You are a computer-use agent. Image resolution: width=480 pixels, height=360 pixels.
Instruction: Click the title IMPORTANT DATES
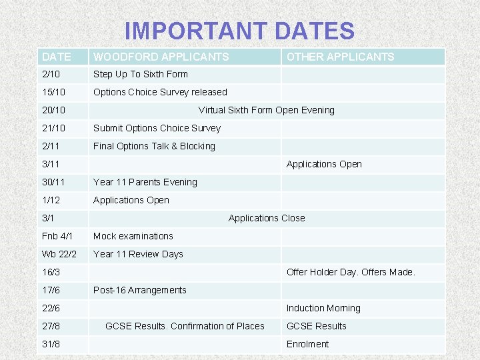click(x=239, y=31)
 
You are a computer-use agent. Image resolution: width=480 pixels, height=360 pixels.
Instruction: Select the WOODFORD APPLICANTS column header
click(x=161, y=57)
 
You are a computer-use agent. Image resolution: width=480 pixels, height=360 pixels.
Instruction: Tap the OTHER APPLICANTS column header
click(x=340, y=57)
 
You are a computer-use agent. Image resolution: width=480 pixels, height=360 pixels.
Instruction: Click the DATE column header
click(x=55, y=57)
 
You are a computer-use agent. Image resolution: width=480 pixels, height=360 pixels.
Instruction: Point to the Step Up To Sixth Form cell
click(x=141, y=74)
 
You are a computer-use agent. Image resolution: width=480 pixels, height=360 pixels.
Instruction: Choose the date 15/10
click(x=53, y=92)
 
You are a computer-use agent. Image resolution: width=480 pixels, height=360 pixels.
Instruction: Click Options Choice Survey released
click(x=160, y=92)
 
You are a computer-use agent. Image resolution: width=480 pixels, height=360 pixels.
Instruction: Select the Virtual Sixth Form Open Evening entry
click(x=267, y=110)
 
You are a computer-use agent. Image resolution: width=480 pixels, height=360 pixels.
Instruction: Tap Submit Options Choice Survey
click(x=157, y=128)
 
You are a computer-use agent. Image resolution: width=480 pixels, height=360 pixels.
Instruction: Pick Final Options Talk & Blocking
click(x=154, y=146)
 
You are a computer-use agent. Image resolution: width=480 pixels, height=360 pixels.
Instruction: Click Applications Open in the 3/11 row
click(x=324, y=164)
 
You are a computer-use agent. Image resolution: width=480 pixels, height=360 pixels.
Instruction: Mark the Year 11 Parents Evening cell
click(x=145, y=182)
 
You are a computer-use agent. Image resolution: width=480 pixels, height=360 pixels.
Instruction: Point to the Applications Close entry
click(x=267, y=218)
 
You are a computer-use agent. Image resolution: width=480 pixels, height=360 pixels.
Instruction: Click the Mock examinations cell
click(x=133, y=236)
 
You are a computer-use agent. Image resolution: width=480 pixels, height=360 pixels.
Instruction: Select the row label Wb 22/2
click(x=59, y=254)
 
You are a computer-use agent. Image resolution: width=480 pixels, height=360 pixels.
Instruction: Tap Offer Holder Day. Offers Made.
click(x=351, y=272)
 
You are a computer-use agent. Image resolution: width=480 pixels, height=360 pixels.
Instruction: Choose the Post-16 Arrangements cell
click(x=140, y=290)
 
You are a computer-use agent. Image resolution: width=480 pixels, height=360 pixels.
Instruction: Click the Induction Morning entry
click(x=323, y=308)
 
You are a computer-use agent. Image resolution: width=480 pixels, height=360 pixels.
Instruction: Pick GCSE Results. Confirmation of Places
click(x=185, y=326)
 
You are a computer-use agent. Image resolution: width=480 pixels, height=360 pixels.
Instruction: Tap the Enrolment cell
click(x=307, y=344)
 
